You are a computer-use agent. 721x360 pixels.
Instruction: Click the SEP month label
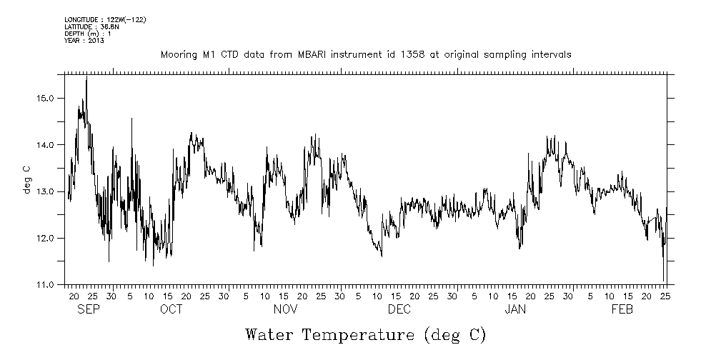pyautogui.click(x=88, y=309)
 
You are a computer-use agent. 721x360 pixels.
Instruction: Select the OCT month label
pyautogui.click(x=171, y=309)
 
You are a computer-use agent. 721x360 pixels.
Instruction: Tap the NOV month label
pyautogui.click(x=285, y=309)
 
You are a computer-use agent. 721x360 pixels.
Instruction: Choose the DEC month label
pyautogui.click(x=399, y=309)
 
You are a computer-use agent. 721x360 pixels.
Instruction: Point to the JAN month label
pyautogui.click(x=516, y=309)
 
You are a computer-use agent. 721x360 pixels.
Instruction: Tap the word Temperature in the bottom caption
pyautogui.click(x=359, y=334)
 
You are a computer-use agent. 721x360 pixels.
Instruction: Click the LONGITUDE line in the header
pyautogui.click(x=105, y=19)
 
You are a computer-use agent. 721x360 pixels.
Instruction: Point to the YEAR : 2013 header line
pyautogui.click(x=84, y=41)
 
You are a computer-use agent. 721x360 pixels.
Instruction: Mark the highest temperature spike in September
pyautogui.click(x=86, y=77)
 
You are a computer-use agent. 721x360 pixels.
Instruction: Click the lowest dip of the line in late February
pyautogui.click(x=664, y=281)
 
